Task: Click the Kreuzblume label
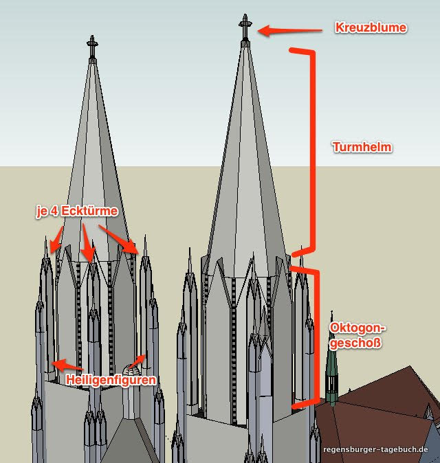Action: tap(371, 28)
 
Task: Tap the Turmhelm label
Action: tap(362, 147)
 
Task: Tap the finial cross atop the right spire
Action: tap(244, 25)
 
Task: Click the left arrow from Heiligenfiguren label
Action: tap(67, 364)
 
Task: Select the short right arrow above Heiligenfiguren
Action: tap(139, 359)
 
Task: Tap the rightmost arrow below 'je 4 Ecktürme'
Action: tap(122, 238)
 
